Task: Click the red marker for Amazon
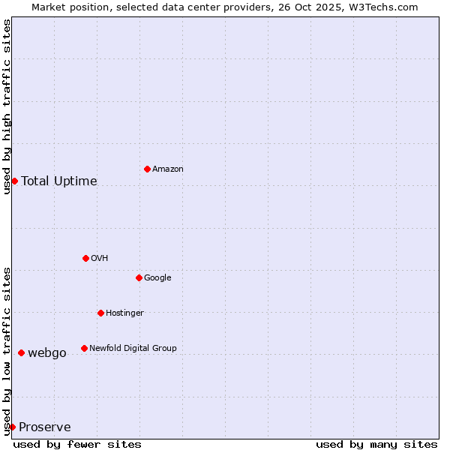(x=147, y=169)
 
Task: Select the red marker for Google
(x=139, y=277)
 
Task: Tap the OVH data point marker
(x=85, y=258)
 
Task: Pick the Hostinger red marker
(x=100, y=313)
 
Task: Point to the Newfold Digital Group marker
(x=84, y=348)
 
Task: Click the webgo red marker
(x=21, y=352)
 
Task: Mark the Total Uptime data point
(x=14, y=181)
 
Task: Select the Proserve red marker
(x=12, y=427)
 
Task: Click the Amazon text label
(x=168, y=169)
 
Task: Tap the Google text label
(x=157, y=278)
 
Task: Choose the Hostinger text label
(x=124, y=313)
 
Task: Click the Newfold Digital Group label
(x=133, y=348)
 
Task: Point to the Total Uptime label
(x=59, y=181)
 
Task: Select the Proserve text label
(x=45, y=427)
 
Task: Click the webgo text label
(x=47, y=353)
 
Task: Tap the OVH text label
(x=100, y=259)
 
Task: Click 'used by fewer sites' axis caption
(x=77, y=444)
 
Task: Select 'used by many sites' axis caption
(x=376, y=444)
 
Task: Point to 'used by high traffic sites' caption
(x=7, y=106)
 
